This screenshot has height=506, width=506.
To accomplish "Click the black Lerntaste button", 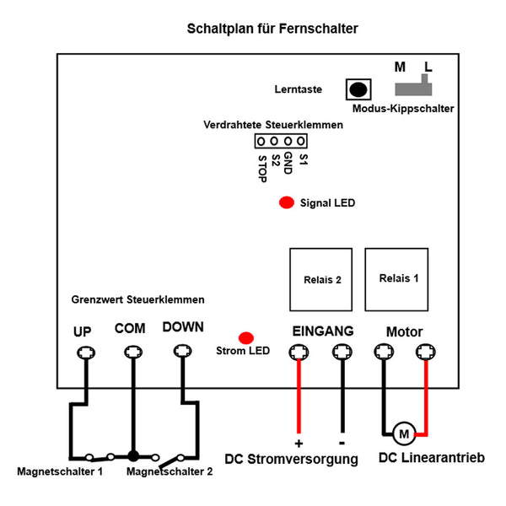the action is point(358,89).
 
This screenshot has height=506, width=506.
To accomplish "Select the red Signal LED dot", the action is point(287,202).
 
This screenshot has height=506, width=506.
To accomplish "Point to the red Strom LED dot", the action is point(246,338).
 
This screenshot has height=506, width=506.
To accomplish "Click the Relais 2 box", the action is point(320,279).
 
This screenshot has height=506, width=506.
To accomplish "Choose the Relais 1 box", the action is point(396,279).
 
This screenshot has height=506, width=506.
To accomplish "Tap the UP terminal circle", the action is point(86,353).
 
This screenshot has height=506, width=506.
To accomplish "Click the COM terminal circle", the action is point(133,352).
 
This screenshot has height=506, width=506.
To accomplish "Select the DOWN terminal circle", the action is point(183,351).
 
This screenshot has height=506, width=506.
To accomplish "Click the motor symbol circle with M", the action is point(404,433).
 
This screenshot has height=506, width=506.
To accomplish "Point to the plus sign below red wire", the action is point(299,444).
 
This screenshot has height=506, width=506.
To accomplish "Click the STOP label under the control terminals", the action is point(262,169).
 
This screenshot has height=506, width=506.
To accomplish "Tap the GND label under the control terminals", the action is point(288,164).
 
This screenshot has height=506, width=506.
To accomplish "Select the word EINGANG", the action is point(323,331).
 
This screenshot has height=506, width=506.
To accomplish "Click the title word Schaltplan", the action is point(220,29).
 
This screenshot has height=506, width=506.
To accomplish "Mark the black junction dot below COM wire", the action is point(133,456).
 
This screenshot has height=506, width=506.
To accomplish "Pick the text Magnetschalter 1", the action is point(60,471).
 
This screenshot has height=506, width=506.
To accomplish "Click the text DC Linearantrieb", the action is point(432,458).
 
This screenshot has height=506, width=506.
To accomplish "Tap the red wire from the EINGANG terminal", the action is point(299,396).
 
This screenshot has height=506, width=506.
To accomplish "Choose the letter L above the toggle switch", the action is point(428,67).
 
